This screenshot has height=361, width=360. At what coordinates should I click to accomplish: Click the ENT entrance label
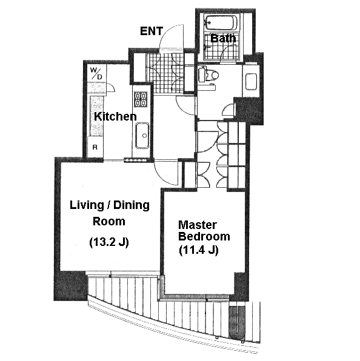[x=152, y=31]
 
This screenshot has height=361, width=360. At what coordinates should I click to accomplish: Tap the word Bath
[x=223, y=38]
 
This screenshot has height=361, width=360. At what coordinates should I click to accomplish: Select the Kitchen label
[x=115, y=117]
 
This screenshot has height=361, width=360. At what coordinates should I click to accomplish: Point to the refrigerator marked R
[x=95, y=147]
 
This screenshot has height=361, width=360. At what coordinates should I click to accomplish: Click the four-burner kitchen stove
[x=141, y=99]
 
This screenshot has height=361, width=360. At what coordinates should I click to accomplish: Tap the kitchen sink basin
[x=142, y=136]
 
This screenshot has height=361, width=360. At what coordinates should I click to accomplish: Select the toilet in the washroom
[x=209, y=74]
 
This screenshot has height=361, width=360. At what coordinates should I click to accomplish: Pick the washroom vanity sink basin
[x=251, y=82]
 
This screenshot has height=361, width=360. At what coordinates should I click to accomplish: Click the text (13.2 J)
[x=108, y=242]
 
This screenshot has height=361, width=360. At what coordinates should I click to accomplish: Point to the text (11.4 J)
[x=199, y=250]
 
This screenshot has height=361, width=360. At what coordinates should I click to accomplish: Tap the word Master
[x=198, y=225]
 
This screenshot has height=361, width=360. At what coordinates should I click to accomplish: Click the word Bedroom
[x=204, y=237]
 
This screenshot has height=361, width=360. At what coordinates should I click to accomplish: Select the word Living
[x=87, y=205]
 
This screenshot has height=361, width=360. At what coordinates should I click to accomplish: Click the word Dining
[x=132, y=205]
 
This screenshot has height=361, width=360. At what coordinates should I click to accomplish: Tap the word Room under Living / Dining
[x=108, y=222]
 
